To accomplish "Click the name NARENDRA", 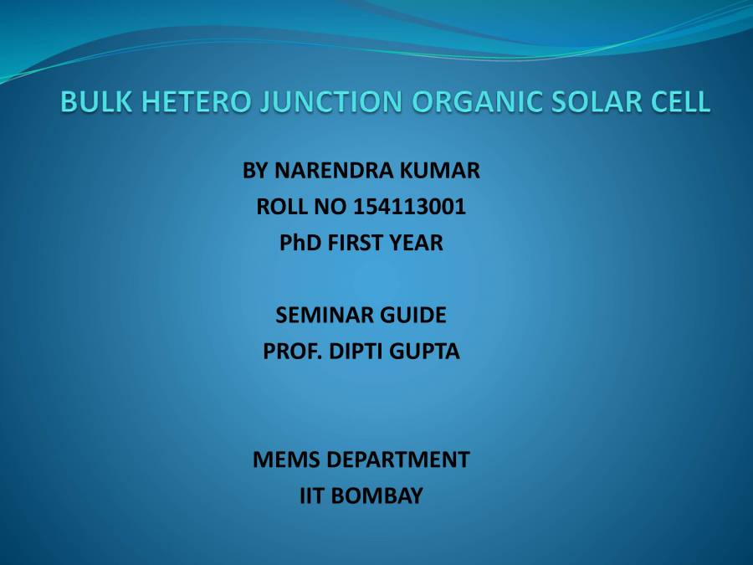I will [326, 171].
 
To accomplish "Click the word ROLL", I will [283, 207].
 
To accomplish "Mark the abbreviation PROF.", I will [289, 352].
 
